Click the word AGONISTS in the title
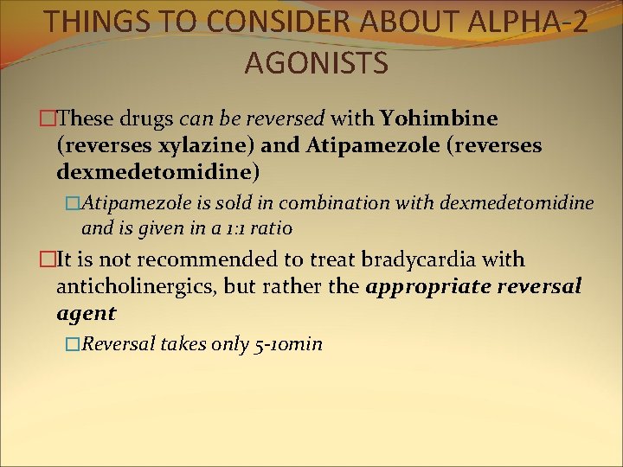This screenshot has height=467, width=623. coord(316,62)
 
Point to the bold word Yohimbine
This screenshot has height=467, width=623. coord(440,118)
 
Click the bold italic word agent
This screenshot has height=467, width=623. coord(86,314)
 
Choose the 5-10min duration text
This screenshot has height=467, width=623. coord(289,344)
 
